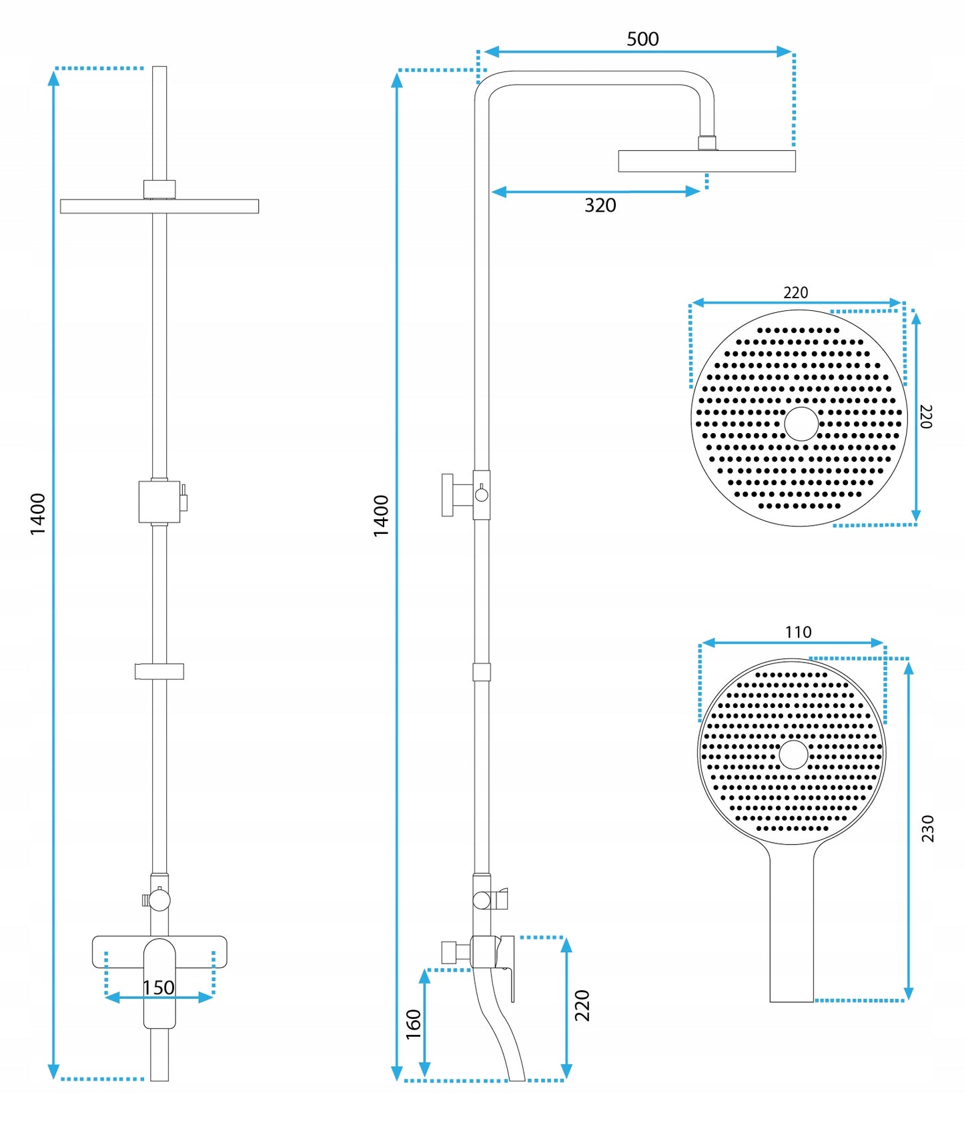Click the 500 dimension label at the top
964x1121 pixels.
[642, 39]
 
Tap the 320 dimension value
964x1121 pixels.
[600, 206]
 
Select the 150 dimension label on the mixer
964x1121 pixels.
[159, 988]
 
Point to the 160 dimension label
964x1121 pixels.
[414, 1024]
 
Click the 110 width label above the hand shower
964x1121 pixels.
[798, 632]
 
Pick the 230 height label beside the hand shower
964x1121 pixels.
[927, 829]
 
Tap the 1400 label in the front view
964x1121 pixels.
[38, 514]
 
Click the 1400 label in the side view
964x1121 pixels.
[381, 516]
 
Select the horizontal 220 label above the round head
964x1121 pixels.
[795, 293]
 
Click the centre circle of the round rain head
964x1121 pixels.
[801, 424]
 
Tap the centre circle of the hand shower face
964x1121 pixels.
[793, 755]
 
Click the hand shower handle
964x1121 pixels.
[792, 934]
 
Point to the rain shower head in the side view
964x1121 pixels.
[706, 161]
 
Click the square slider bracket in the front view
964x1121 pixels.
[159, 501]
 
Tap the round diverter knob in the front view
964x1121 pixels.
[159, 900]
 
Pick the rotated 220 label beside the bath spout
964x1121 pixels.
[582, 1006]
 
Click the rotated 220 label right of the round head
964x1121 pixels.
[925, 416]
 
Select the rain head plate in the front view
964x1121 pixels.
[159, 206]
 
